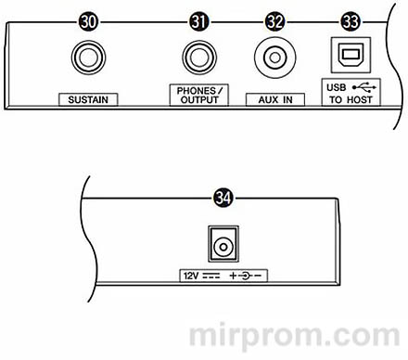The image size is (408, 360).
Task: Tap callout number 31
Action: pos(198,19)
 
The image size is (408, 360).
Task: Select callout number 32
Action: pos(274,19)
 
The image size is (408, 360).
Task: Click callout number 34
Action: pos(222,197)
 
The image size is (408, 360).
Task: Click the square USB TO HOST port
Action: pos(350,56)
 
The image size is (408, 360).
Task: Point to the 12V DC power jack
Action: pos(223,245)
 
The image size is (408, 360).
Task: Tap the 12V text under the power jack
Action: pos(190,275)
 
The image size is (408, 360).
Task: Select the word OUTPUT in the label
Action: pos(198,99)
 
